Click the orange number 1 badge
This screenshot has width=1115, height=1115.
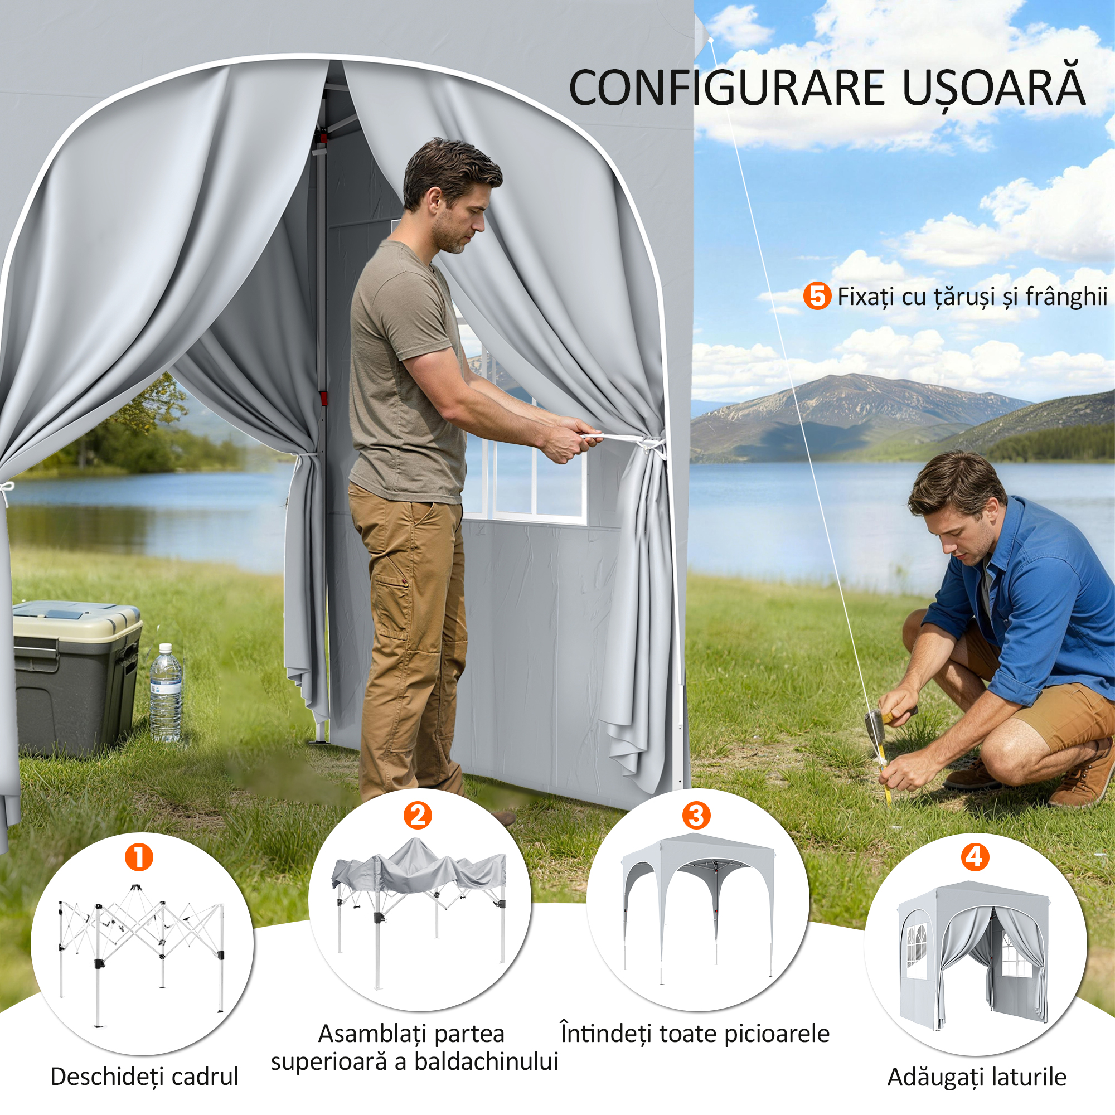pos(138,857)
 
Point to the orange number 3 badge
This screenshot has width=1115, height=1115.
pos(696,816)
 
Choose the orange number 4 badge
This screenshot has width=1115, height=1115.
pos(975,857)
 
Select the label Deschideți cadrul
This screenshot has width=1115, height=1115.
pos(144,1077)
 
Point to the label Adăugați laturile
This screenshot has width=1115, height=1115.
pos(977,1077)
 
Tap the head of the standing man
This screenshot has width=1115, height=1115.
pos(452,193)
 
